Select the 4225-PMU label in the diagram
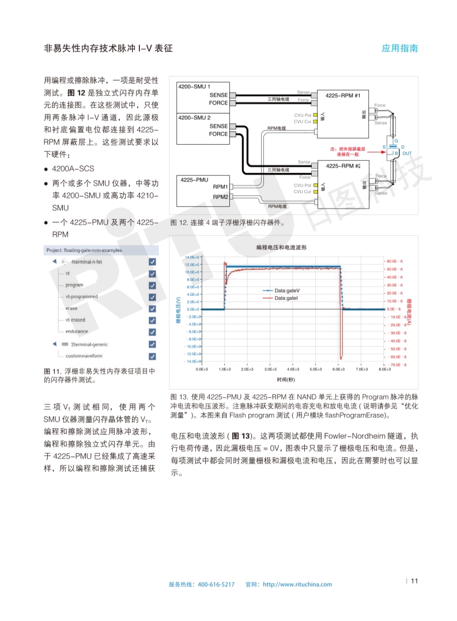[x=194, y=180]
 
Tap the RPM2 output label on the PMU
[x=220, y=197]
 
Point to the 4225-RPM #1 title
[x=343, y=95]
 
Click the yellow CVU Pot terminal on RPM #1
[x=315, y=115]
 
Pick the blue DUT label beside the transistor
[x=407, y=153]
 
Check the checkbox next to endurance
[x=152, y=332]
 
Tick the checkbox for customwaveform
[x=152, y=356]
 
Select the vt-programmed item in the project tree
[x=81, y=296]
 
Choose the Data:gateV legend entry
[x=288, y=291]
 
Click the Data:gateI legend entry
[x=286, y=298]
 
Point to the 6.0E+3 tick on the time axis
[x=338, y=369]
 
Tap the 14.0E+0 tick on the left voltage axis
[x=192, y=257]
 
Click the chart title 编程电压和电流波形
[x=281, y=247]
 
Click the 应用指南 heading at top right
[x=399, y=48]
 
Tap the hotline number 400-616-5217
[x=216, y=584]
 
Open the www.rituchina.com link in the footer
[x=297, y=584]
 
